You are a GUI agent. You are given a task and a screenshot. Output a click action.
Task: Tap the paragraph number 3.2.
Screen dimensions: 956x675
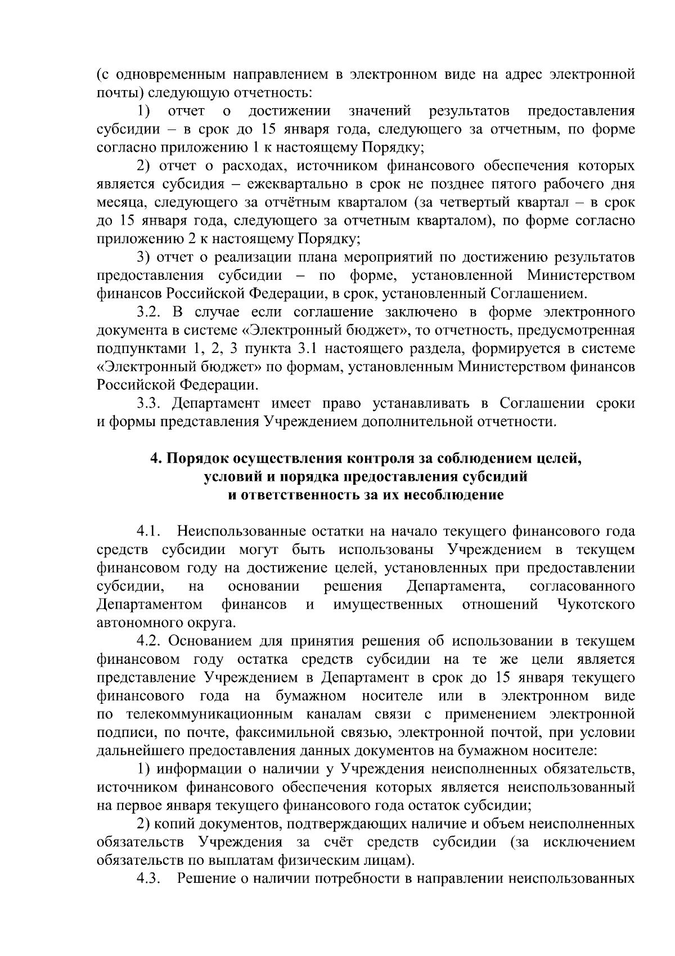pos(150,312)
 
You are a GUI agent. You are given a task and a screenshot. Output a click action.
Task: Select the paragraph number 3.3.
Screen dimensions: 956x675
pos(150,404)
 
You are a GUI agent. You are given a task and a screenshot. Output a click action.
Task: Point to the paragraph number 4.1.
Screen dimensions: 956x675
pos(150,531)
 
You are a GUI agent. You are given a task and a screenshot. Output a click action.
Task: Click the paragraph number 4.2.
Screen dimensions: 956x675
pos(150,641)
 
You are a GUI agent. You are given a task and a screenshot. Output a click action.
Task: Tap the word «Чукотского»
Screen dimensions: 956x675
pos(596,605)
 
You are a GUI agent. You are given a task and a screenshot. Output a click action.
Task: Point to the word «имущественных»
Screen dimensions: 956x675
pos(388,605)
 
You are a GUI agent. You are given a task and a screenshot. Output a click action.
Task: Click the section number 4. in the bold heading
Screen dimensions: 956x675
pos(156,459)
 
